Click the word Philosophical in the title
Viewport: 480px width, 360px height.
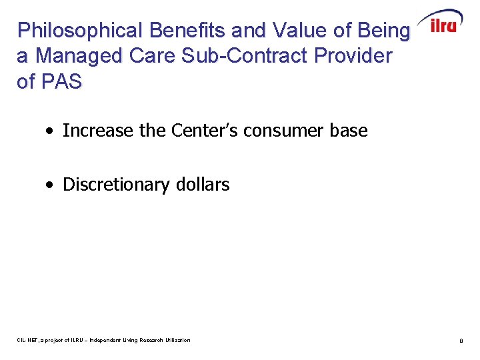(x=81, y=31)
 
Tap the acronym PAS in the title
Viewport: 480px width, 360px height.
(x=62, y=81)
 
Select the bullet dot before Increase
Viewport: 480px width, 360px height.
(x=51, y=131)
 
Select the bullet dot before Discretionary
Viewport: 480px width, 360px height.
(x=51, y=185)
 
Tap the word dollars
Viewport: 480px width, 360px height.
(x=205, y=185)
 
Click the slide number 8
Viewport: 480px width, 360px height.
(x=461, y=341)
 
